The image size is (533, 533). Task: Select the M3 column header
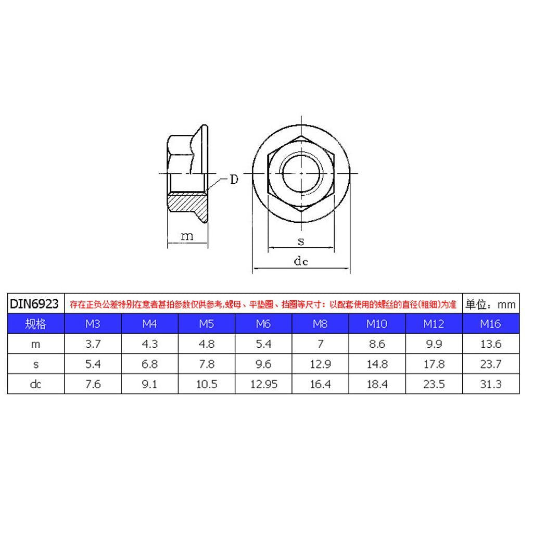pyautogui.click(x=93, y=324)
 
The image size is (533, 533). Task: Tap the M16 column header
pyautogui.click(x=490, y=324)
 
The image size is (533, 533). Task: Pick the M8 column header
pyautogui.click(x=320, y=324)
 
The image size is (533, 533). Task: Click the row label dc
pyautogui.click(x=36, y=384)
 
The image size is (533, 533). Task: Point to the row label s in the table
pyautogui.click(x=36, y=364)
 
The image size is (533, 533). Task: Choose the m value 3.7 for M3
pyautogui.click(x=93, y=344)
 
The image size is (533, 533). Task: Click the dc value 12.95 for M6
pyautogui.click(x=264, y=384)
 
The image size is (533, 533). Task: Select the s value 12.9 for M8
pyautogui.click(x=320, y=364)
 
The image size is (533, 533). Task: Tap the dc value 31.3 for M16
pyautogui.click(x=491, y=384)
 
